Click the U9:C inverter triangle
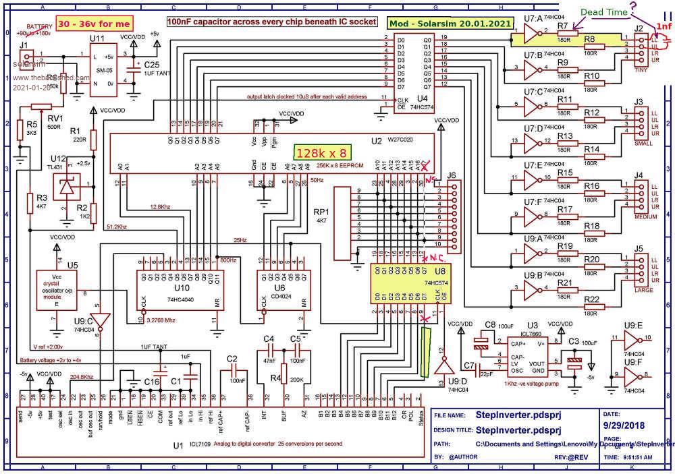click(x=100, y=320)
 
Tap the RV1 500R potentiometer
click(x=42, y=105)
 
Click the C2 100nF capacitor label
click(x=232, y=358)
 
